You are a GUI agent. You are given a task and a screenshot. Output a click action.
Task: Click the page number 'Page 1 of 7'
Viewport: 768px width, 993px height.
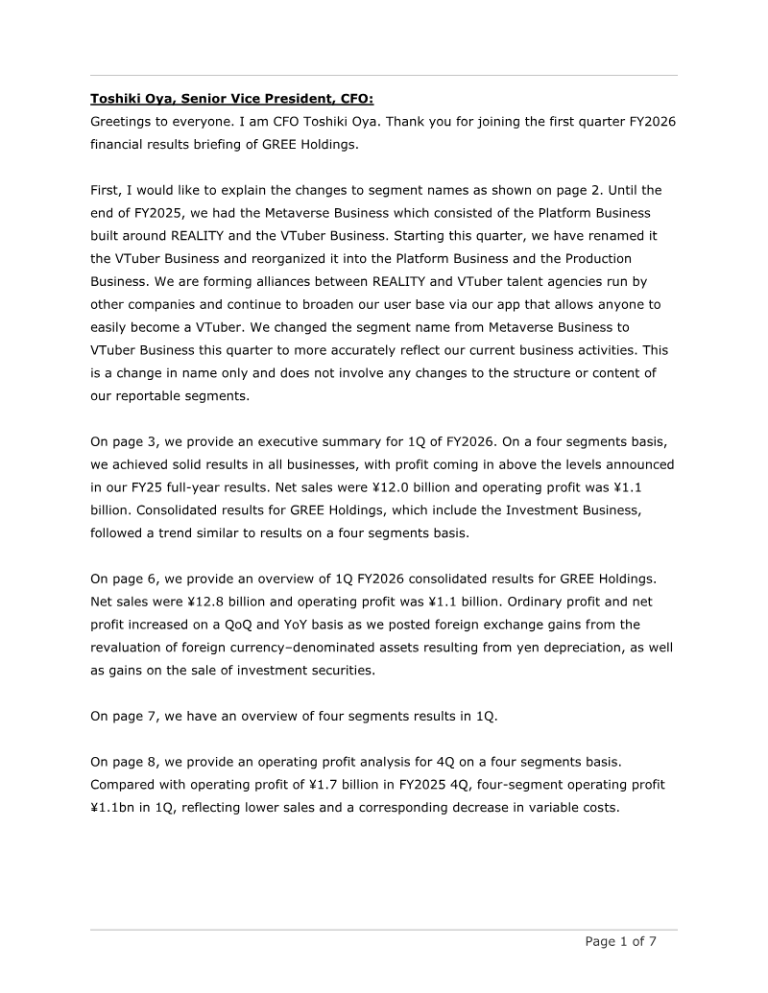point(621,941)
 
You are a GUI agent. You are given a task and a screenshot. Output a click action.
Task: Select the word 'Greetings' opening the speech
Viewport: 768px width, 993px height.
point(122,121)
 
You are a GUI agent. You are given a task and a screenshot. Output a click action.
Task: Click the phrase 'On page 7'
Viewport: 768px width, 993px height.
point(124,716)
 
